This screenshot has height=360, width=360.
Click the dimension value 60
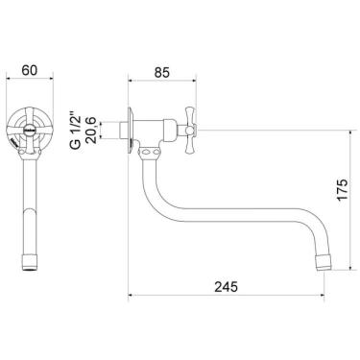[x=30, y=70]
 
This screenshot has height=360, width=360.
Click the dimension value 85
[x=161, y=73]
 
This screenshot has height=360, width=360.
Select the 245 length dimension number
[x=226, y=286]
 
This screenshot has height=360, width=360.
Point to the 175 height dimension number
[x=342, y=190]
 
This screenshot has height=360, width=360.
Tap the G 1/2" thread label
[x=76, y=131]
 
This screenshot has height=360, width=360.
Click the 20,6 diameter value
[x=92, y=131]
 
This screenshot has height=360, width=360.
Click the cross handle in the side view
[x=189, y=130]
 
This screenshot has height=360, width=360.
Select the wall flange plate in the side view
[x=131, y=130]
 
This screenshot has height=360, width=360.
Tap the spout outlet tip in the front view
[x=30, y=262]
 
